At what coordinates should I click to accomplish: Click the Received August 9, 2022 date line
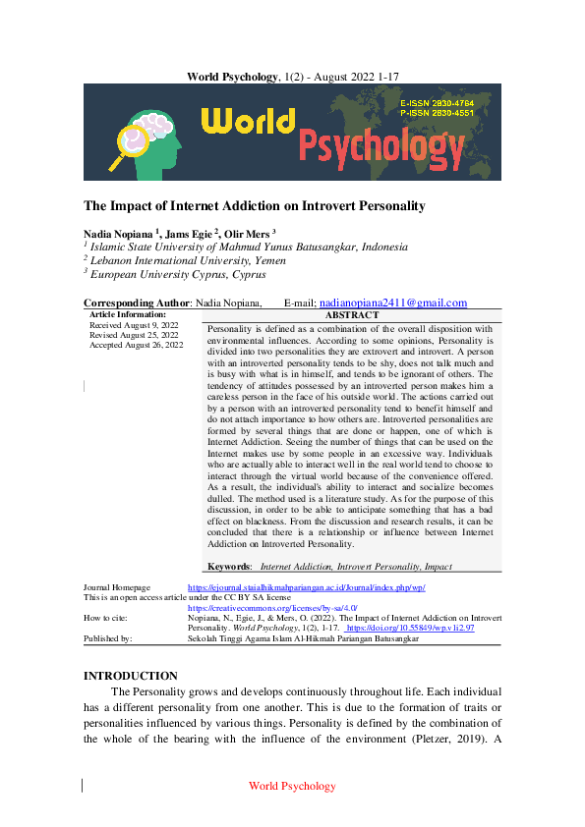click(x=134, y=325)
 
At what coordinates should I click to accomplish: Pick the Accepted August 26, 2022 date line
click(x=137, y=345)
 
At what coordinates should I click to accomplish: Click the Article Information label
click(x=128, y=314)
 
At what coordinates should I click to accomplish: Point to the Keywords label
click(x=230, y=567)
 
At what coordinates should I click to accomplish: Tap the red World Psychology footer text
click(x=292, y=786)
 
